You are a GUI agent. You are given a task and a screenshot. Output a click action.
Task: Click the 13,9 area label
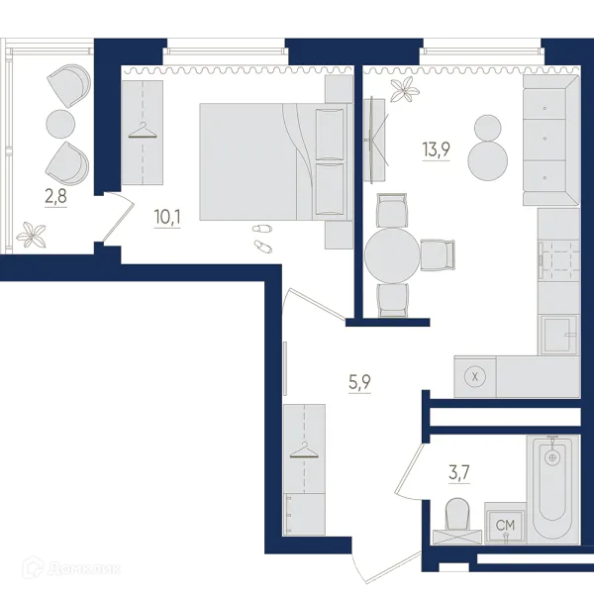[x=436, y=149]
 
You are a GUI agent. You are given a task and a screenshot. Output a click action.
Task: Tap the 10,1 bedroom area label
[x=167, y=217]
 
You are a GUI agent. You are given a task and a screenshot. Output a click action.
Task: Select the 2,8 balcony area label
[x=55, y=196]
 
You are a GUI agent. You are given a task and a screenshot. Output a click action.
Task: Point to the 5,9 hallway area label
[x=359, y=382]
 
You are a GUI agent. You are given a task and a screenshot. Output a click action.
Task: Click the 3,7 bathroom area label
[x=459, y=473]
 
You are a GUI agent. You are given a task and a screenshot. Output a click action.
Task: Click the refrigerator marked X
[x=475, y=376]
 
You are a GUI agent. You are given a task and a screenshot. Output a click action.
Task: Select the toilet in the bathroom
[x=457, y=520]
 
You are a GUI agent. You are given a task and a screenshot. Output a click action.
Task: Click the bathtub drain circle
[x=552, y=457]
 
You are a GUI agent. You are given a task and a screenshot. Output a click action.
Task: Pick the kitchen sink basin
[x=556, y=335]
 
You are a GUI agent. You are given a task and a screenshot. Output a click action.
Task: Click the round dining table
[x=393, y=255]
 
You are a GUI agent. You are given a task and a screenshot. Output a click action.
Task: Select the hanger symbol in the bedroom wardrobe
[x=143, y=131]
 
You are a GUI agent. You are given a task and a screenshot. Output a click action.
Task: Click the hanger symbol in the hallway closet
[x=304, y=450]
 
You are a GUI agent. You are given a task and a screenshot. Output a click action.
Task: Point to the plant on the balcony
[x=31, y=235]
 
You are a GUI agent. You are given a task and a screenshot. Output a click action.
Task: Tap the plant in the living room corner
[x=405, y=89]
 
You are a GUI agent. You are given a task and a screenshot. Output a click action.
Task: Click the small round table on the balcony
[x=60, y=124]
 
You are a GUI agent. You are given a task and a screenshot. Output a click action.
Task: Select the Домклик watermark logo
[x=71, y=568]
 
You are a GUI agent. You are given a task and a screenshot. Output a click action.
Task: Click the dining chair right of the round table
[x=438, y=255]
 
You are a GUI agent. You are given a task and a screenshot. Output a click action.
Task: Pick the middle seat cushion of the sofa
[x=544, y=139]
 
